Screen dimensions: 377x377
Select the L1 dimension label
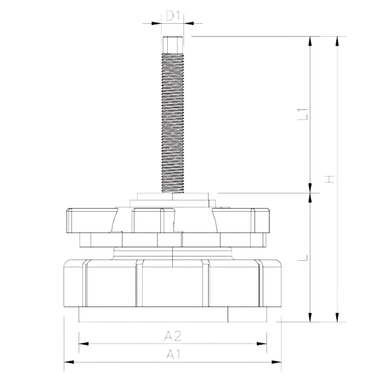coord(302,114)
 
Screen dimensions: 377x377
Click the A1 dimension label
coord(173,354)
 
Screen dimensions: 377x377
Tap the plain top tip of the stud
coord(173,44)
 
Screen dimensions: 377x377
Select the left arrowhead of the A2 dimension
coord(82,344)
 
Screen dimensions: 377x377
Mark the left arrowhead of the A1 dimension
coord(68,363)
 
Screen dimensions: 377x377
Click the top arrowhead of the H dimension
coord(338,42)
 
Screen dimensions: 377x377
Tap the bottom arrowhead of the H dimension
coord(338,315)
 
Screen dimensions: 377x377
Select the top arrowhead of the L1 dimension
coord(310,42)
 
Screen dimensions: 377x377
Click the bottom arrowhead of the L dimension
coord(310,315)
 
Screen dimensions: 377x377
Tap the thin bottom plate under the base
coord(173,315)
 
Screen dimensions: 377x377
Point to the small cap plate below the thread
coord(172,197)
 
